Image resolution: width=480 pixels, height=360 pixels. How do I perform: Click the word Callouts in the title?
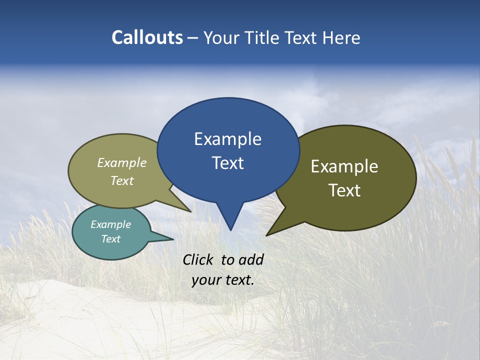click(x=147, y=37)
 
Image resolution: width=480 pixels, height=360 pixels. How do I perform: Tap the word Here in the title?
click(x=342, y=37)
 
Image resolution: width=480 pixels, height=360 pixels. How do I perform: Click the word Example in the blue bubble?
click(x=227, y=139)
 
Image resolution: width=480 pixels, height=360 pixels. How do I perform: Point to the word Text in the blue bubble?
click(x=227, y=163)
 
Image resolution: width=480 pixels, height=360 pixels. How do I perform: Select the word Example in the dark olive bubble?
click(x=344, y=166)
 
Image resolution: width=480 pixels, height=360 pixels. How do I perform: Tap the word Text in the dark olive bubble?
click(x=344, y=190)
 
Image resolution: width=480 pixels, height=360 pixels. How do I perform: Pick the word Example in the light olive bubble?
click(x=122, y=162)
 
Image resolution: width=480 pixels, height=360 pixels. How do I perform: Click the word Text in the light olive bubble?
click(x=122, y=180)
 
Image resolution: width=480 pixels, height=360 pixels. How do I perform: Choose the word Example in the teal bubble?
click(x=110, y=224)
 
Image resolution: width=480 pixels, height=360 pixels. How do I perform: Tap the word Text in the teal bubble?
click(x=110, y=239)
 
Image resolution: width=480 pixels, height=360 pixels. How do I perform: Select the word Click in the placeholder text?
click(x=199, y=259)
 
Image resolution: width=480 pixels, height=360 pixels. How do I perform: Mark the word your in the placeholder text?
click(x=206, y=280)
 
